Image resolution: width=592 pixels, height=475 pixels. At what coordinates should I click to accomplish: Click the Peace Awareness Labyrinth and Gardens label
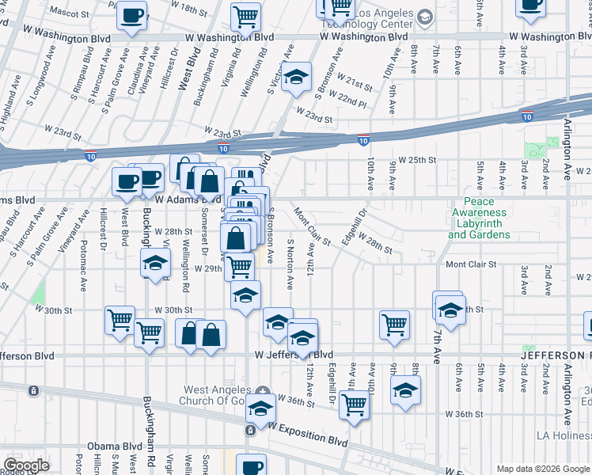(479, 218)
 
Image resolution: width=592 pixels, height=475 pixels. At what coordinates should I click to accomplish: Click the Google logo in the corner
(27, 465)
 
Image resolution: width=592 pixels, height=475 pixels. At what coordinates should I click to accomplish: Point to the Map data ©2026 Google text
(542, 469)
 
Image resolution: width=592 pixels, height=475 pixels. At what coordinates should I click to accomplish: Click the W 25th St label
(416, 160)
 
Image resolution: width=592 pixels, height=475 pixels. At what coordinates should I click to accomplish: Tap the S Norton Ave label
(290, 265)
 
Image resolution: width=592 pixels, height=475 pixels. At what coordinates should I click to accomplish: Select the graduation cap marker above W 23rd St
(297, 78)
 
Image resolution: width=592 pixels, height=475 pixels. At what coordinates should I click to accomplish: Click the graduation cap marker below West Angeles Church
(260, 408)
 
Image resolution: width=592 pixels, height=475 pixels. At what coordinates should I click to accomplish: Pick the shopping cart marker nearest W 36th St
(354, 404)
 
